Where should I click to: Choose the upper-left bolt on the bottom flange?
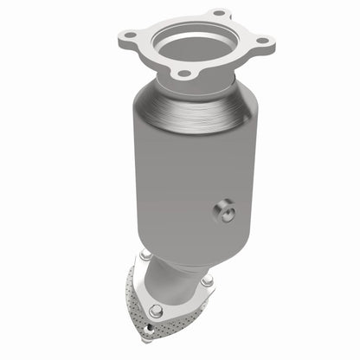tap(143, 255)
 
